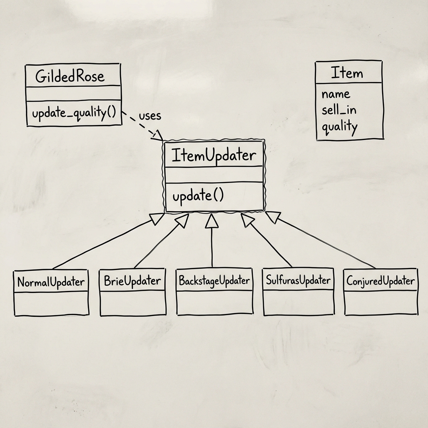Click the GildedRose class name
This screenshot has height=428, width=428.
[70, 76]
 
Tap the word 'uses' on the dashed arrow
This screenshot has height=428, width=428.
[150, 116]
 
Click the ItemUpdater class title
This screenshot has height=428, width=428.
[213, 155]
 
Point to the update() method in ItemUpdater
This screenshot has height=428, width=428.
[198, 196]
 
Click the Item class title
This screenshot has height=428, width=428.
[347, 73]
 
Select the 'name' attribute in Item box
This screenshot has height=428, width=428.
[336, 94]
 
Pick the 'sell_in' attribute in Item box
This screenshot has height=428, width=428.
[339, 110]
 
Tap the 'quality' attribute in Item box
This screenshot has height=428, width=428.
[339, 126]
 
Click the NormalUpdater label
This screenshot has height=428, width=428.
[51, 282]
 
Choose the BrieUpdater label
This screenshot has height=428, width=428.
[132, 281]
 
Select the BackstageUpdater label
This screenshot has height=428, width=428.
[214, 280]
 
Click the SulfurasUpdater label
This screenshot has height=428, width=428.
[298, 280]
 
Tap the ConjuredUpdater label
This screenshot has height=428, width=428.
[381, 281]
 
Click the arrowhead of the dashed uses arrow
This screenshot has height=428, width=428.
[159, 135]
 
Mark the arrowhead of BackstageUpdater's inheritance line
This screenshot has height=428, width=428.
[212, 220]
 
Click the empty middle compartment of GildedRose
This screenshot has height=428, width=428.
[73, 93]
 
